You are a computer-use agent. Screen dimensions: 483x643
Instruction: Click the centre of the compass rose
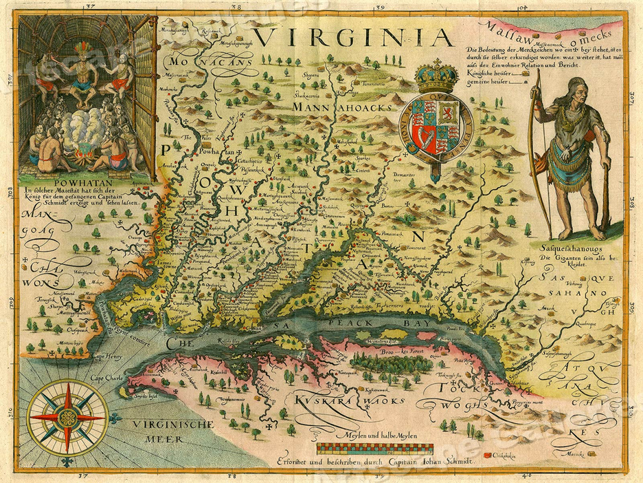tap(67, 417)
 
